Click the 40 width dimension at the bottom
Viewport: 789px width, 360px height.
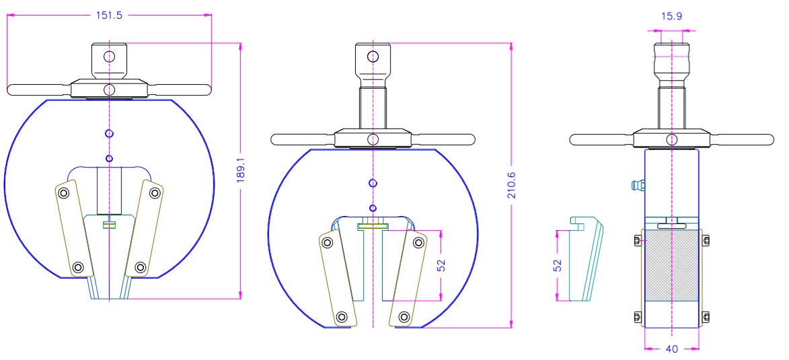(x=672, y=349)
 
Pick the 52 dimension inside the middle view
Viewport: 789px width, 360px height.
(x=442, y=265)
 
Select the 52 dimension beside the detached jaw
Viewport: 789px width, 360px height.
(x=558, y=265)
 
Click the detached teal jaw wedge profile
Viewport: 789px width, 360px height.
(x=586, y=259)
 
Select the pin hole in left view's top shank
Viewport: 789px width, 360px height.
(x=109, y=55)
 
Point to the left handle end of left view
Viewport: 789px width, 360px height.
(x=13, y=89)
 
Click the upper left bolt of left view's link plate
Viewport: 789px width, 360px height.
(x=63, y=194)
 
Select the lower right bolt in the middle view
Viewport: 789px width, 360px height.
(x=404, y=316)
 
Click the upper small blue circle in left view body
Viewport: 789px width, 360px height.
(x=109, y=133)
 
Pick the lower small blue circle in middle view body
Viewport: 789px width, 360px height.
(x=373, y=207)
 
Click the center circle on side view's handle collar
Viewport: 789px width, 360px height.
(x=671, y=139)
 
